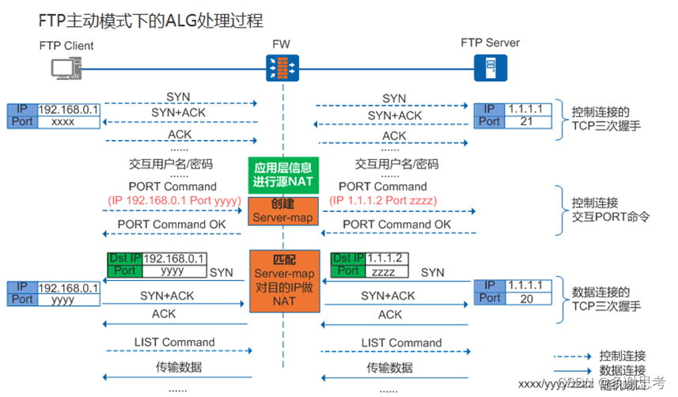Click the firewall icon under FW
(x=283, y=68)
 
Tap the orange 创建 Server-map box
(x=283, y=210)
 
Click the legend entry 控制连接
(x=623, y=355)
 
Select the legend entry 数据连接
(x=623, y=370)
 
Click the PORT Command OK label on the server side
(x=397, y=225)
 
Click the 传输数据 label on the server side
(x=389, y=368)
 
